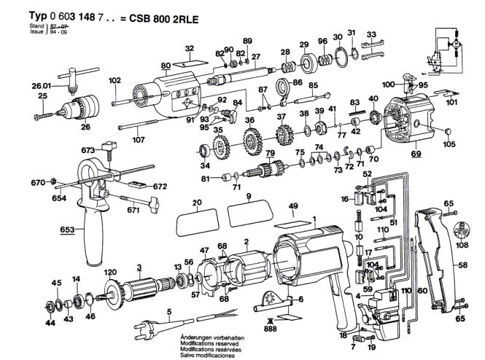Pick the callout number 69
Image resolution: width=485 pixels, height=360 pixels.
click(x=416, y=156)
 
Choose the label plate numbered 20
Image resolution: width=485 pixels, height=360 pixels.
click(x=196, y=217)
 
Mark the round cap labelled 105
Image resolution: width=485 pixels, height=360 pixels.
click(x=450, y=131)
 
